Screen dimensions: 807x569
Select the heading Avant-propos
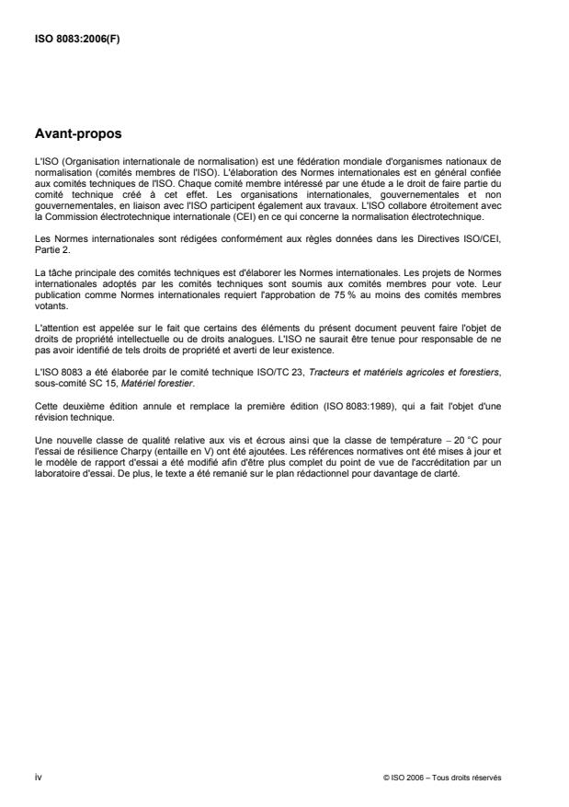tap(77, 133)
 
